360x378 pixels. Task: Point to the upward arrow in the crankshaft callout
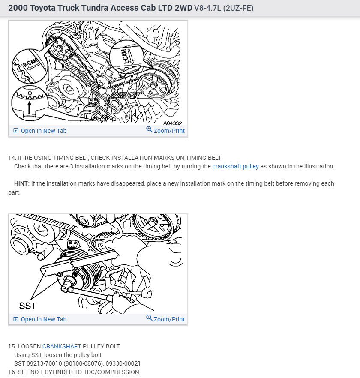point(29,107)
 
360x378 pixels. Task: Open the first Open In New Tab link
point(43,131)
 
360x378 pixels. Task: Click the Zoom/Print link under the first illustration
point(169,131)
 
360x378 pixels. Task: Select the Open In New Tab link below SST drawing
point(43,319)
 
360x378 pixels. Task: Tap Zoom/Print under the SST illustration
point(169,319)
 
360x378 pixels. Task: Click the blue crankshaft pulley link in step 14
point(235,166)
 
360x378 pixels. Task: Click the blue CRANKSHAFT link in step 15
point(62,346)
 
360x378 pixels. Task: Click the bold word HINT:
point(22,183)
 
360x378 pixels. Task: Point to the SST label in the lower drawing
point(28,306)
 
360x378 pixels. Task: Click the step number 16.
point(12,372)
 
